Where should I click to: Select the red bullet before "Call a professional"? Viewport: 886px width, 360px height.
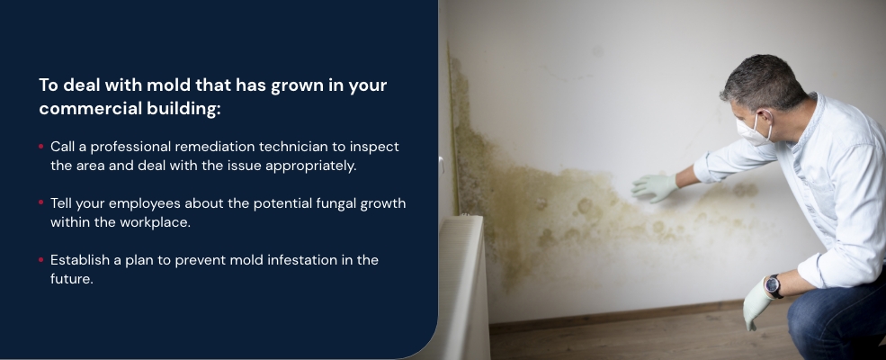click(x=41, y=147)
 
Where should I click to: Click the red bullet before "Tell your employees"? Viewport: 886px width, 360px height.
click(x=41, y=202)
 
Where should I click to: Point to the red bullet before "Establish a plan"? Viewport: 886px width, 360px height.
click(x=41, y=259)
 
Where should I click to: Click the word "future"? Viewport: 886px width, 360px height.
click(x=71, y=279)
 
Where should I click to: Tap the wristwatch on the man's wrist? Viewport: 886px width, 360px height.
click(x=773, y=286)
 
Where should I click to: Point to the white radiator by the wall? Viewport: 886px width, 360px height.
click(x=463, y=287)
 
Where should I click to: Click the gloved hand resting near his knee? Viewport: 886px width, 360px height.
click(x=756, y=303)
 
